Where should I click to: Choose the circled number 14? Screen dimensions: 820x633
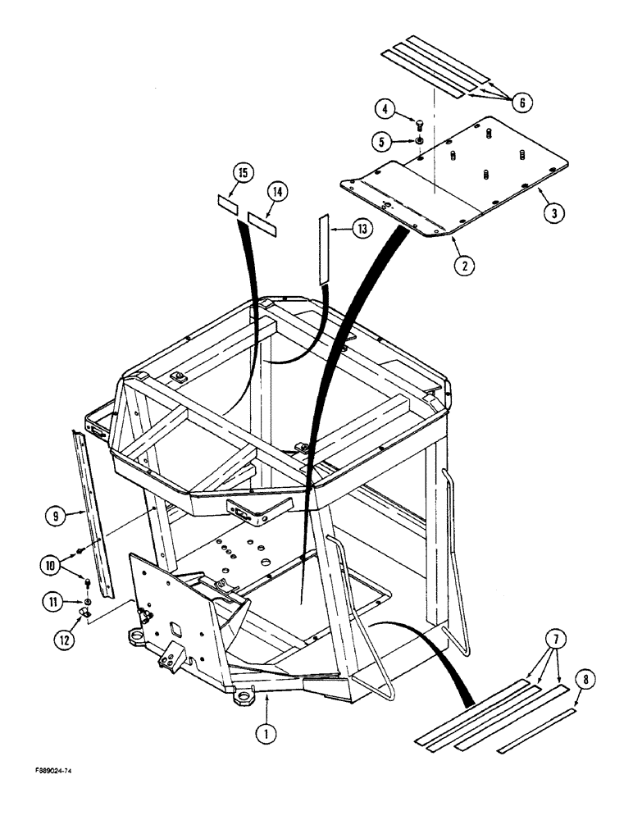pyautogui.click(x=277, y=192)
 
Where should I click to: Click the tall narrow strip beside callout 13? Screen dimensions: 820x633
pyautogui.click(x=323, y=249)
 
